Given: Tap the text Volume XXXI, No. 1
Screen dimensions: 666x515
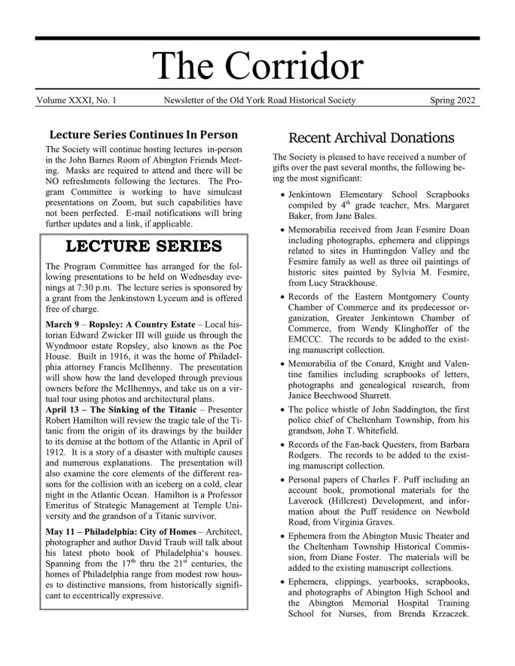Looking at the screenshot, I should (77, 100).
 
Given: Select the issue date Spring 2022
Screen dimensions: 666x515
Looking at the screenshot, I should (453, 100).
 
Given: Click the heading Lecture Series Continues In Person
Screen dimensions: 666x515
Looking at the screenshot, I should (144, 135).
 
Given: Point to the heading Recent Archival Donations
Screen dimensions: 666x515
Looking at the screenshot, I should (371, 138).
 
